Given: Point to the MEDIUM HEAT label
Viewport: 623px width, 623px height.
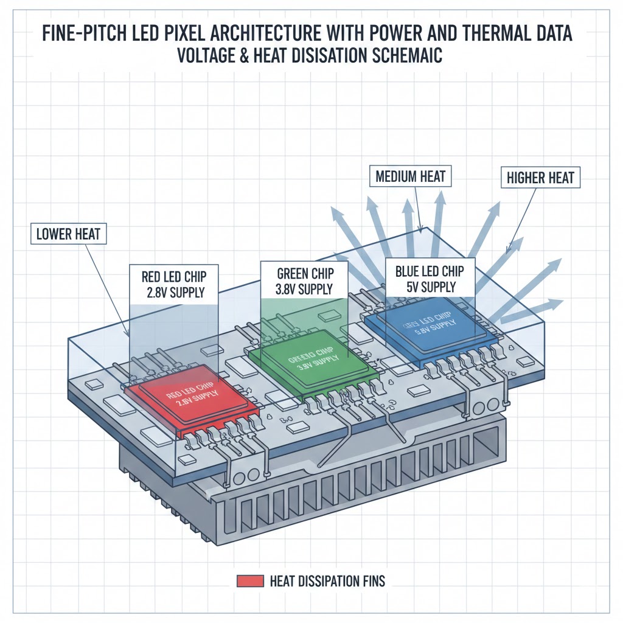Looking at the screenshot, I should click(x=411, y=177).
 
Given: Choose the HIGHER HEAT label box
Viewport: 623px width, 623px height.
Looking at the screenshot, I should click(x=540, y=178).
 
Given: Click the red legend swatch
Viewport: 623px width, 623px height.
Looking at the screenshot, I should click(x=249, y=581).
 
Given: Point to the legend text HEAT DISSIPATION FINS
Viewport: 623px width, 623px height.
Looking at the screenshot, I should click(x=327, y=581).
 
